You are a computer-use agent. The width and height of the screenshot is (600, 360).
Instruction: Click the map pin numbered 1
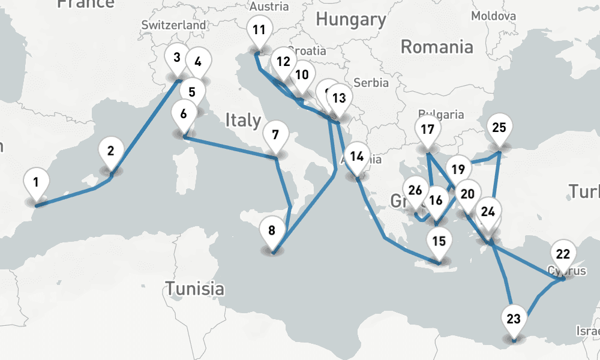pos(37,181)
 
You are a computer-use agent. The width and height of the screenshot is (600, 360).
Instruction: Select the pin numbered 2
pos(111,151)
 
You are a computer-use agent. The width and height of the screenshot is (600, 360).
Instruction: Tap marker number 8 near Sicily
pos(272,230)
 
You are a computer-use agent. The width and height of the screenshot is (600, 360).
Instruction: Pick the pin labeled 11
pos(259,30)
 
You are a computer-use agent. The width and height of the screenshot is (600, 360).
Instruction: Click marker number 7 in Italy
pos(275,134)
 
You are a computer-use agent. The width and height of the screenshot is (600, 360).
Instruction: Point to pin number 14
pos(357,157)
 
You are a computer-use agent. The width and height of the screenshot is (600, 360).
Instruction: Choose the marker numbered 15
pos(439,241)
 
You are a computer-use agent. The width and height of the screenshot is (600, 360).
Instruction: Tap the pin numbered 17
pos(427,129)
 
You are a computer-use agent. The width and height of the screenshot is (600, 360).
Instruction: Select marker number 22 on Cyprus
pos(563,254)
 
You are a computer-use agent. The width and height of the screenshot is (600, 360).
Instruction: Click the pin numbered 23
pos(514,319)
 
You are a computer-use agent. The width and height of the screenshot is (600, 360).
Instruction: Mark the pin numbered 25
pos(499,127)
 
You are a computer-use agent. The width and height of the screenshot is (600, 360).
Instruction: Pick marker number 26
pos(415,191)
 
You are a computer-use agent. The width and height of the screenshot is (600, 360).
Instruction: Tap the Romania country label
pos(437,47)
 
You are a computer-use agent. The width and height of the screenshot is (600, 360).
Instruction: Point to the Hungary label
pos(351,19)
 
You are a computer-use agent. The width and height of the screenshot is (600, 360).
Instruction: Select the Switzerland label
pos(173,25)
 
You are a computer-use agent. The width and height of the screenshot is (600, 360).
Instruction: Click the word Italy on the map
pos(243,120)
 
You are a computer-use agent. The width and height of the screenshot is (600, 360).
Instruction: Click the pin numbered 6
pos(184,113)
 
